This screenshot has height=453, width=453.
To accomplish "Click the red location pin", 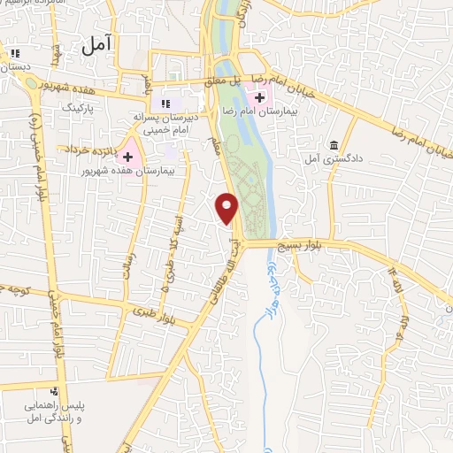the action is (x=227, y=207).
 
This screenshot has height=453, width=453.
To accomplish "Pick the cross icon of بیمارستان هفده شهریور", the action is (x=127, y=156).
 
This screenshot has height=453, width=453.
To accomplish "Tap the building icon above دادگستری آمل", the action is (x=334, y=145).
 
